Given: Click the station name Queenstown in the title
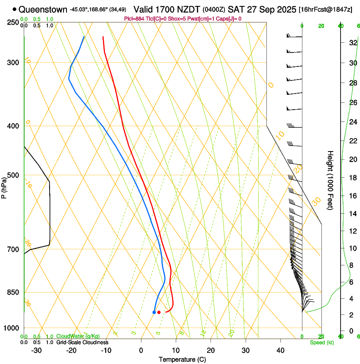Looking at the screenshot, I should (x=43, y=9).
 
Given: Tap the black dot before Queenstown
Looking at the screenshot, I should (x=15, y=9).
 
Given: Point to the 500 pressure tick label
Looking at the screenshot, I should (x=13, y=175).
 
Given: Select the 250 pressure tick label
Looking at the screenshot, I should (x=13, y=22).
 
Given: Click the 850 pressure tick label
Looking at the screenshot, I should (x=13, y=292).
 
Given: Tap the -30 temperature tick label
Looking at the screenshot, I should (x=36, y=350).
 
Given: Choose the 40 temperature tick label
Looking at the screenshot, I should (x=280, y=350).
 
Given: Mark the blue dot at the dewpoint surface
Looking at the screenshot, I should (x=154, y=312).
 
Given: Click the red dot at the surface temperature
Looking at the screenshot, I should (x=159, y=312).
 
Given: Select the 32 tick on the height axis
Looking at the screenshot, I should (x=352, y=43).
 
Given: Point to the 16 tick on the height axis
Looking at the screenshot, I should (x=352, y=196).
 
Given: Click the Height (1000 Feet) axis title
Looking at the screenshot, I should (x=331, y=180).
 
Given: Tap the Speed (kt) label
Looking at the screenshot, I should (x=322, y=342).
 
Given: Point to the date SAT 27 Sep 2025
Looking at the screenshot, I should (x=262, y=9).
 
